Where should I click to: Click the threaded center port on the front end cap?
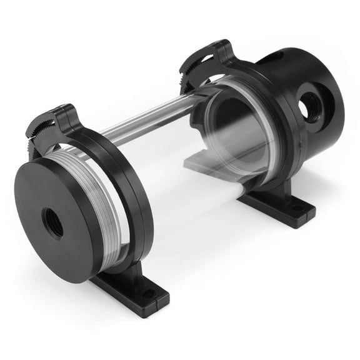point(53,222)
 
